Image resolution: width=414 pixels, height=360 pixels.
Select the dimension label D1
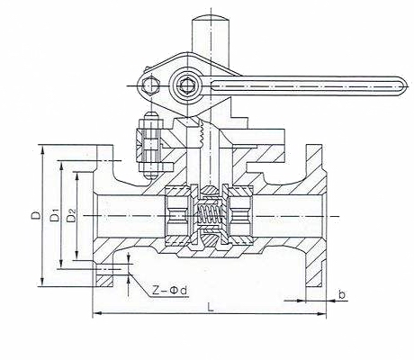(55, 216)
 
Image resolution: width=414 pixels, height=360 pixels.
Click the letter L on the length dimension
(210, 307)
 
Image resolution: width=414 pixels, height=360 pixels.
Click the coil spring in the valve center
(208, 217)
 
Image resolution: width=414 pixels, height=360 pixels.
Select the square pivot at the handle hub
(189, 88)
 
